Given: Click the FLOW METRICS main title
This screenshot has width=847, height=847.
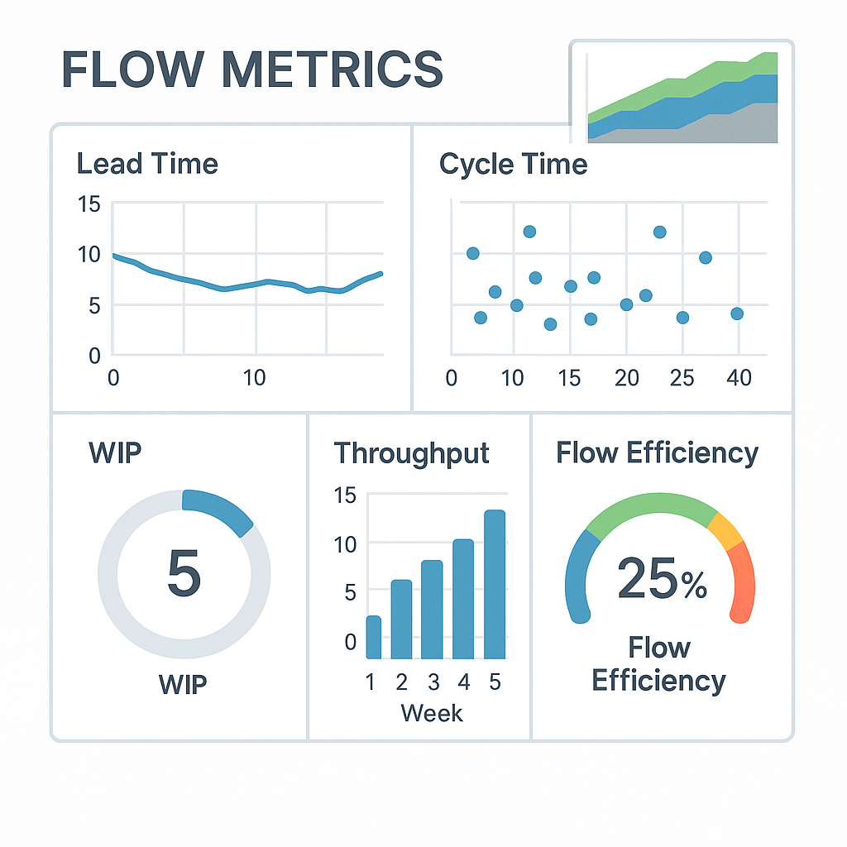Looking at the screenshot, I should tap(252, 69).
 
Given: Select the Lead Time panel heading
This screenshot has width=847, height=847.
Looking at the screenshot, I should tap(147, 163).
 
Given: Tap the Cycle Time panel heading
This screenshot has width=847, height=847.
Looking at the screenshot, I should tap(513, 164).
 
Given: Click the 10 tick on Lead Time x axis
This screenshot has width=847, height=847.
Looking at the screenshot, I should tap(256, 378).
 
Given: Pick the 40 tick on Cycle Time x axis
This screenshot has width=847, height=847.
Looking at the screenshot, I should tap(738, 378).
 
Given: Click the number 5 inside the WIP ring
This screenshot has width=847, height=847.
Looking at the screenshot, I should tap(184, 573).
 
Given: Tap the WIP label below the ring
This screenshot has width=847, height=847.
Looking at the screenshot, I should tap(184, 685).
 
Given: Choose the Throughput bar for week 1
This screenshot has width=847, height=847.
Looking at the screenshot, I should tap(373, 638).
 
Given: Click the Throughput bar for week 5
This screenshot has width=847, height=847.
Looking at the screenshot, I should tap(494, 584).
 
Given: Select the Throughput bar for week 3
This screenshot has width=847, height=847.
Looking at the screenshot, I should tap(432, 610).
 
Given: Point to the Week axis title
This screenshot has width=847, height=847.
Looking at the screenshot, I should tap(432, 713).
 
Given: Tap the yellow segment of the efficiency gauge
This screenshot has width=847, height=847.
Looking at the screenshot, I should tap(726, 531).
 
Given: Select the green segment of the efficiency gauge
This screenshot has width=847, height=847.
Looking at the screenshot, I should tap(653, 506).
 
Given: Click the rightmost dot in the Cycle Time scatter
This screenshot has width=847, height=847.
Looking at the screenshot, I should tap(737, 313).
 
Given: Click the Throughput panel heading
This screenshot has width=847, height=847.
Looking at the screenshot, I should tap(411, 453).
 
